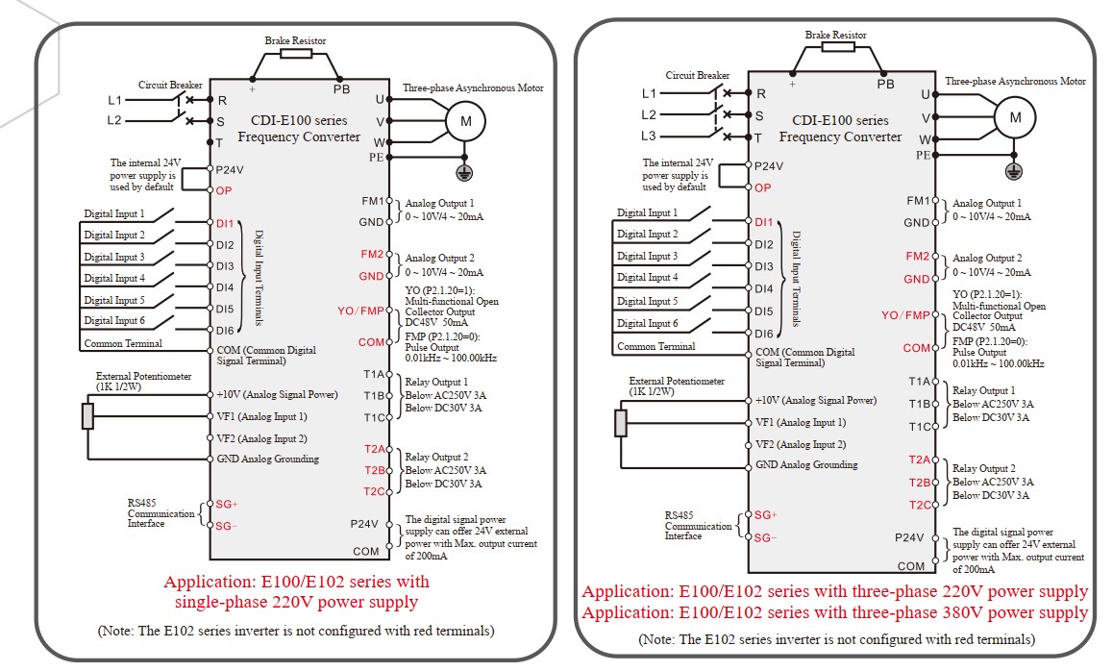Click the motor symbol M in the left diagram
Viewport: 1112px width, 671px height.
(465, 121)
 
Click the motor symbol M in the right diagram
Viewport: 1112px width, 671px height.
(1015, 117)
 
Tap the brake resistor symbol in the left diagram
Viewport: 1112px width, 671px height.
(295, 54)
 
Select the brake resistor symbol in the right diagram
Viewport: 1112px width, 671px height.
(836, 47)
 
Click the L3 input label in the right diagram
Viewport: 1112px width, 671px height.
(648, 136)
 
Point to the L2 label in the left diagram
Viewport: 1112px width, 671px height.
(114, 120)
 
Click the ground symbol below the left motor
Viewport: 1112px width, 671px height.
(464, 172)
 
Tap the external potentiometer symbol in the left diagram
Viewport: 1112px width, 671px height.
(87, 416)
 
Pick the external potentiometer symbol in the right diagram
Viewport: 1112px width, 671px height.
(621, 423)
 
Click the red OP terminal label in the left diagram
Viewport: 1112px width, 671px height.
(224, 190)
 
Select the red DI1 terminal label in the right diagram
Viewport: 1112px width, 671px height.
(764, 222)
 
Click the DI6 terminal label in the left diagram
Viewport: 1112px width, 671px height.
(225, 331)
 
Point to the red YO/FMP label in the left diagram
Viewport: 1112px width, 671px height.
(360, 311)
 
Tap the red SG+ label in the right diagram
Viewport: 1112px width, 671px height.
(766, 515)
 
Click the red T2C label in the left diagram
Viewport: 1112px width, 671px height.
(375, 491)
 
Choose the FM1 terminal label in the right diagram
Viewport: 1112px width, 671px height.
(918, 201)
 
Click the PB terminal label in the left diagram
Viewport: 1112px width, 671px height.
(342, 89)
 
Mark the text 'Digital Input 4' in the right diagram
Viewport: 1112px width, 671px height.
(648, 277)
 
